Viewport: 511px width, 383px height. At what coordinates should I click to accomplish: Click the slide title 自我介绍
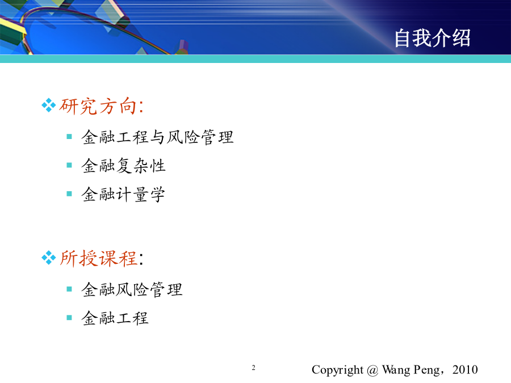coord(432,38)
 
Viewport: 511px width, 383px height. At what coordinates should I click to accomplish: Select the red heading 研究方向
coord(98,106)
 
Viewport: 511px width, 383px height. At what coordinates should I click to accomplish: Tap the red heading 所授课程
coord(98,259)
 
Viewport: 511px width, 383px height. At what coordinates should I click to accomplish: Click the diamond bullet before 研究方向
coord(49,105)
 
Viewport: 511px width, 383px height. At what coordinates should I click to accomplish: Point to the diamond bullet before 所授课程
coord(49,258)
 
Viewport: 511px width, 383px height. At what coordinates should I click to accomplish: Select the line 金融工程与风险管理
coord(157,137)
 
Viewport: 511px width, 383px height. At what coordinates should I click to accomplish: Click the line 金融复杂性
coord(124,166)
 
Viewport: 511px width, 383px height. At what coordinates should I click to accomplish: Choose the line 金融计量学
coord(123,195)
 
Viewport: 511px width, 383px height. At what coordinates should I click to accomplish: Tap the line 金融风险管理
coord(132,289)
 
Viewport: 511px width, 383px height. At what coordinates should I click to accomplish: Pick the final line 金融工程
coord(115,318)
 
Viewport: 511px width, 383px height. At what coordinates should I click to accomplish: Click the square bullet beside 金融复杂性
coord(69,165)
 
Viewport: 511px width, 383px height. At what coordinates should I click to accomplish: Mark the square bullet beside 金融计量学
coord(69,194)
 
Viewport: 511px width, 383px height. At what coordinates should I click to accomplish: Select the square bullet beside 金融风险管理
coord(69,289)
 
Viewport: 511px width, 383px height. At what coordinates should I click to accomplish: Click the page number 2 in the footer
coord(254,368)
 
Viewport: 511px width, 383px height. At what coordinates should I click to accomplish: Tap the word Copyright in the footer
coord(337,371)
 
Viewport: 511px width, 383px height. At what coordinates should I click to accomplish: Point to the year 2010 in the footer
coord(465,369)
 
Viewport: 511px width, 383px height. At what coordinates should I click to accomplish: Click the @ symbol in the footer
coord(372,371)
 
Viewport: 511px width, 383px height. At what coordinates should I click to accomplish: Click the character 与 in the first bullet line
coord(157,137)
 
